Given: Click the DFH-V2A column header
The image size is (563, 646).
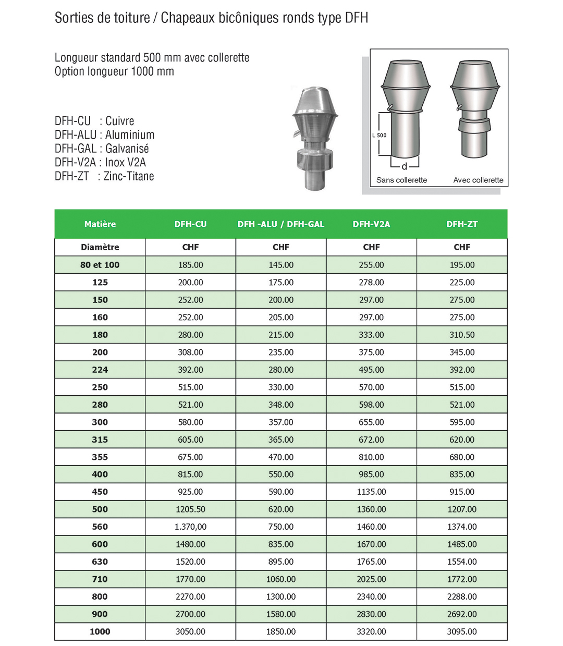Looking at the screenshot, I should coord(371,224).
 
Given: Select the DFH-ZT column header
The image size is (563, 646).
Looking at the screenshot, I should coord(462,224).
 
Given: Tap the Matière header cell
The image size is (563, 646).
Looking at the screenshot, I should coord(100,224).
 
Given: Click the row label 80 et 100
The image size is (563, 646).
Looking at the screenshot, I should coord(100,265).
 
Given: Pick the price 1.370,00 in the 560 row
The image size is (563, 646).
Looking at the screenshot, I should coord(190,527).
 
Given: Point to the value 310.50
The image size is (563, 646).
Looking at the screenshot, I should coord(462,335).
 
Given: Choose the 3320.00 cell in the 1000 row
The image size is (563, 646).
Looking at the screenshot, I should coord(371,631).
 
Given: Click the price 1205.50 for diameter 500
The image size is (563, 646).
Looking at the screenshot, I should coord(190,509).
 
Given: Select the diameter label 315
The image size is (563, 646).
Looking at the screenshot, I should coord(100,440).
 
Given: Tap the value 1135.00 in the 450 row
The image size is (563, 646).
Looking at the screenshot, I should coord(371,492).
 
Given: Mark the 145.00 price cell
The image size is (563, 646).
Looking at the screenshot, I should coord(281,265).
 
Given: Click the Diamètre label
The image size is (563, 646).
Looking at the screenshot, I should coord(100,247).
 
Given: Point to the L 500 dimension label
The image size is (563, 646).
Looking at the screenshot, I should coord(380,135).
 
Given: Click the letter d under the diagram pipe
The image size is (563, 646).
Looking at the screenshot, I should coord(404,167).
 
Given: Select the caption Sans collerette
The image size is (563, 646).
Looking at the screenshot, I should coord(401,180).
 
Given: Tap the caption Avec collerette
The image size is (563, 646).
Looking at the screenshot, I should coord(478,180).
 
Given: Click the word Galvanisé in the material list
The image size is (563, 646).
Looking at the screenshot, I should coord(127,149).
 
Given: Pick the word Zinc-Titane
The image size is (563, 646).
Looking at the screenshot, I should coord(129,176).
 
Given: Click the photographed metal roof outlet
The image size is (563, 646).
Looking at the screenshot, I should coord(314,138).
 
